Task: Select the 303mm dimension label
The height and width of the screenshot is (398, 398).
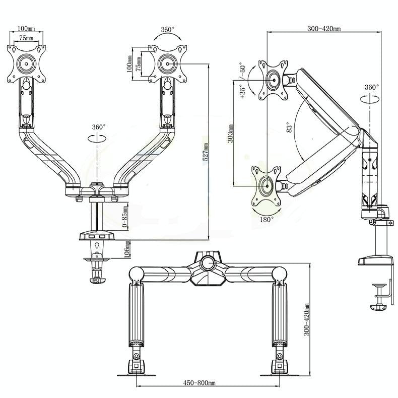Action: (230, 133)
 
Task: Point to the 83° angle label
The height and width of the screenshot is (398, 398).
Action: (288, 126)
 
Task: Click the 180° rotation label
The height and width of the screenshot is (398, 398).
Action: (267, 219)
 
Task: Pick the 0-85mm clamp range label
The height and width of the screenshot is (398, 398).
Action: (126, 218)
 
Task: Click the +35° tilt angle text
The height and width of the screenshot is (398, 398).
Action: (242, 91)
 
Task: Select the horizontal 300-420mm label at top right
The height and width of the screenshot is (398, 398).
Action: (323, 29)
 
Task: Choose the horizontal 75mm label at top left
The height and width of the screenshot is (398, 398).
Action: (26, 38)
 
